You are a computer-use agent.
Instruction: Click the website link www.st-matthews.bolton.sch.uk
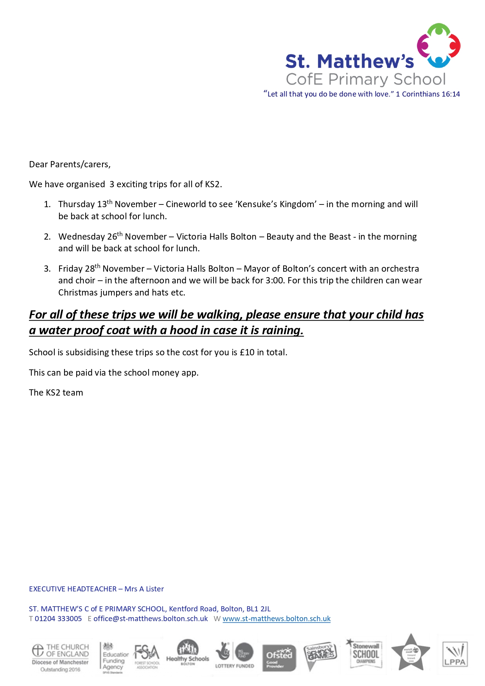pos(277,619)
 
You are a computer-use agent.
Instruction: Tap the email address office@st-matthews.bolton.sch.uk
pos(151,619)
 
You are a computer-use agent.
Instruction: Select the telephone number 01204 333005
pos(58,619)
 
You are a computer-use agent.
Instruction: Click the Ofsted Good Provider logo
pos(279,657)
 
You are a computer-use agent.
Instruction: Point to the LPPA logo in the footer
pos(455,654)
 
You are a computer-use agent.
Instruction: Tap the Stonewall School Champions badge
pos(366,654)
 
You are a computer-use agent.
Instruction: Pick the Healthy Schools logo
pos(188,653)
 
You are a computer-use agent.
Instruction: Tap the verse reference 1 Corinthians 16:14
pos(428,94)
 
